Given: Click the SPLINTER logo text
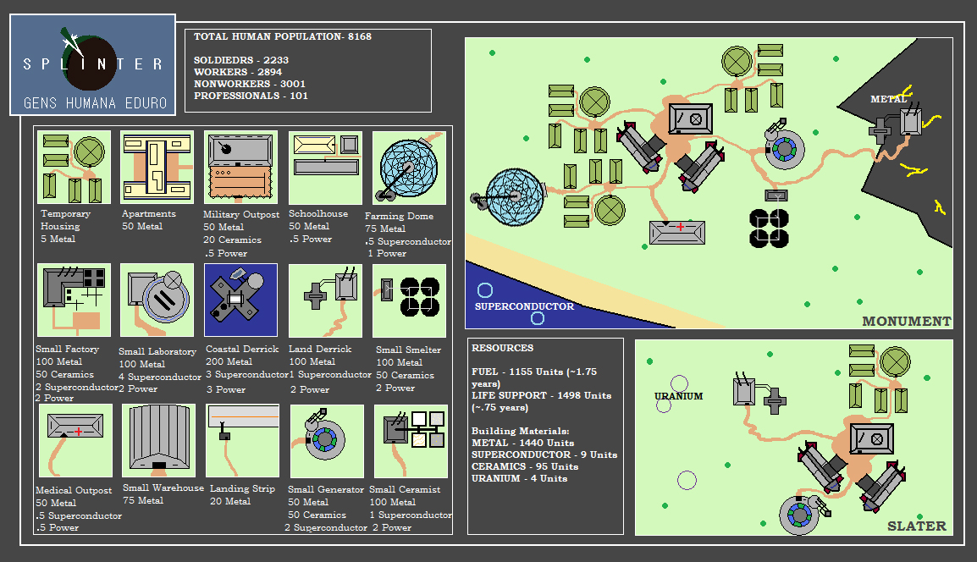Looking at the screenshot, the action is [x=93, y=64].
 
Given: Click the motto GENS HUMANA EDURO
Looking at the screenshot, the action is [x=96, y=102].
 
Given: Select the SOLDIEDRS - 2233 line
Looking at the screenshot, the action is [x=241, y=60].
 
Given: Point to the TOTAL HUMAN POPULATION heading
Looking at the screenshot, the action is [x=282, y=36].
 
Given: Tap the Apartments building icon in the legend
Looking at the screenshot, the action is [x=157, y=167].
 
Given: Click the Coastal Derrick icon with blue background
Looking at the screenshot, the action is [x=240, y=300].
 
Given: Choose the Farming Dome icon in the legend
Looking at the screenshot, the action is [x=409, y=168].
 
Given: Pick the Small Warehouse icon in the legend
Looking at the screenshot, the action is [x=158, y=440].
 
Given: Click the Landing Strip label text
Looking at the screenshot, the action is [x=242, y=488].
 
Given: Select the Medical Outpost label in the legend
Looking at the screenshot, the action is [x=74, y=490].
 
